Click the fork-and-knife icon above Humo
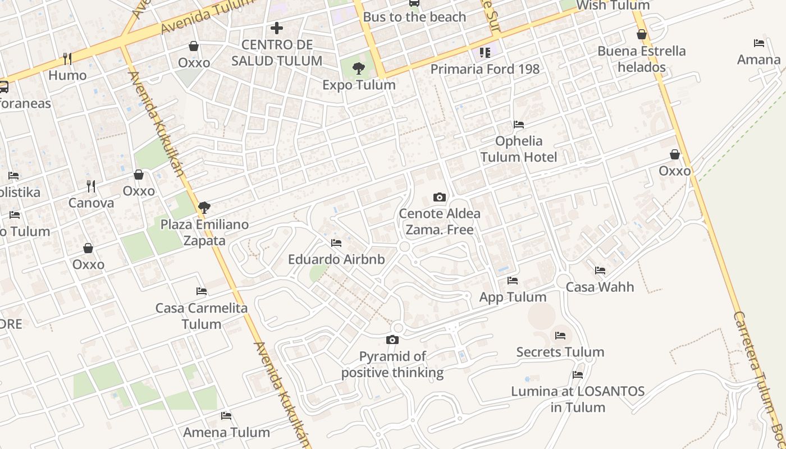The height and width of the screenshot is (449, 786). pyautogui.click(x=67, y=58)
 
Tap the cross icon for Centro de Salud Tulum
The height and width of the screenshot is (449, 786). pyautogui.click(x=277, y=28)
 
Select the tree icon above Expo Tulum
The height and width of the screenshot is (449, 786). pyautogui.click(x=358, y=68)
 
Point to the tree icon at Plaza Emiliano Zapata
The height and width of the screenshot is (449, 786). pyautogui.click(x=204, y=208)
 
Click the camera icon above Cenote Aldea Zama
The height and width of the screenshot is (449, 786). pyautogui.click(x=440, y=197)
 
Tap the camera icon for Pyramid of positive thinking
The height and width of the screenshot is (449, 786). pyautogui.click(x=392, y=340)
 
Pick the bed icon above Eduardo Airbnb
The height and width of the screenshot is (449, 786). pyautogui.click(x=336, y=242)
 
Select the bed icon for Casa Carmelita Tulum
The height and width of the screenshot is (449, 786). pyautogui.click(x=202, y=291)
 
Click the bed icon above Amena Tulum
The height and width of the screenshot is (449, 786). pyautogui.click(x=226, y=415)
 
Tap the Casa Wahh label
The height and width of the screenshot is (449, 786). pyautogui.click(x=600, y=287)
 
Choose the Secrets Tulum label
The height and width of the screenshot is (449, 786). pyautogui.click(x=560, y=352)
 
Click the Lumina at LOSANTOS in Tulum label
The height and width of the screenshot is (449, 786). pyautogui.click(x=578, y=399)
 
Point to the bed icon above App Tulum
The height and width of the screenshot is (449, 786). pyautogui.click(x=513, y=280)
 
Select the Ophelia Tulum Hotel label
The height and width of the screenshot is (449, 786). pyautogui.click(x=519, y=149)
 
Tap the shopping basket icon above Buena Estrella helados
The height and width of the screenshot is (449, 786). pyautogui.click(x=642, y=34)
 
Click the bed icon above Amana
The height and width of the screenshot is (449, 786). pyautogui.click(x=759, y=43)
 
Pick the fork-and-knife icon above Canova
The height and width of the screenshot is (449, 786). pyautogui.click(x=91, y=186)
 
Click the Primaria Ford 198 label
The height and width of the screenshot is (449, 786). pyautogui.click(x=485, y=69)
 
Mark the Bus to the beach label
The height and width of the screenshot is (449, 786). pyautogui.click(x=414, y=17)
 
